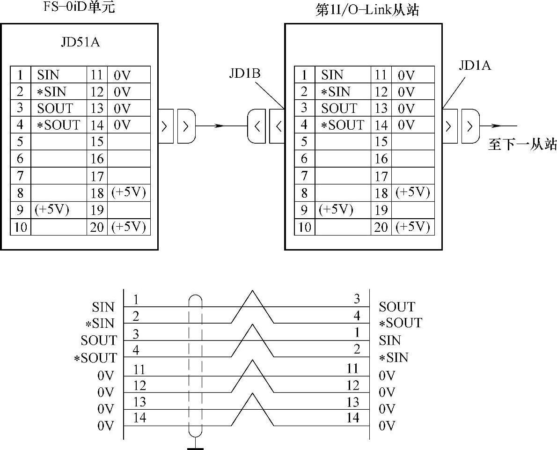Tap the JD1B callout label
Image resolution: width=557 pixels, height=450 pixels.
(x=244, y=74)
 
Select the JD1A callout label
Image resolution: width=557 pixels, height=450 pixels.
(x=475, y=66)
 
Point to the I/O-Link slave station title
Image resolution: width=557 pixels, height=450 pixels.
(x=367, y=10)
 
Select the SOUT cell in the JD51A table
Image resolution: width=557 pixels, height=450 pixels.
(x=55, y=108)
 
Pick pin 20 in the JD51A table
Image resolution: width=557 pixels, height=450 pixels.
(x=97, y=227)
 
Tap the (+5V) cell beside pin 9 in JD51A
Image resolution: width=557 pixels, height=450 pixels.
(x=52, y=209)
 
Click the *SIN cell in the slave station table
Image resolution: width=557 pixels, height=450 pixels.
(x=336, y=92)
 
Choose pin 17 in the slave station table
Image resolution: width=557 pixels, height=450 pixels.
(x=381, y=177)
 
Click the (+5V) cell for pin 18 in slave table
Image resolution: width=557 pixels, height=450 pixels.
(x=412, y=192)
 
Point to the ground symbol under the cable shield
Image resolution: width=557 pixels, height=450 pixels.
(x=195, y=447)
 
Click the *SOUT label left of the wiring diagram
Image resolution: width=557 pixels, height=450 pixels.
(x=95, y=358)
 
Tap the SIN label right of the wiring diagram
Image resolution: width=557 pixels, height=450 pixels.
(x=390, y=340)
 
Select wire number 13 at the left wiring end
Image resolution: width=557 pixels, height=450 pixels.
(x=139, y=401)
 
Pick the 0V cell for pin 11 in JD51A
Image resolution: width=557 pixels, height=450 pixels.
(x=122, y=75)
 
